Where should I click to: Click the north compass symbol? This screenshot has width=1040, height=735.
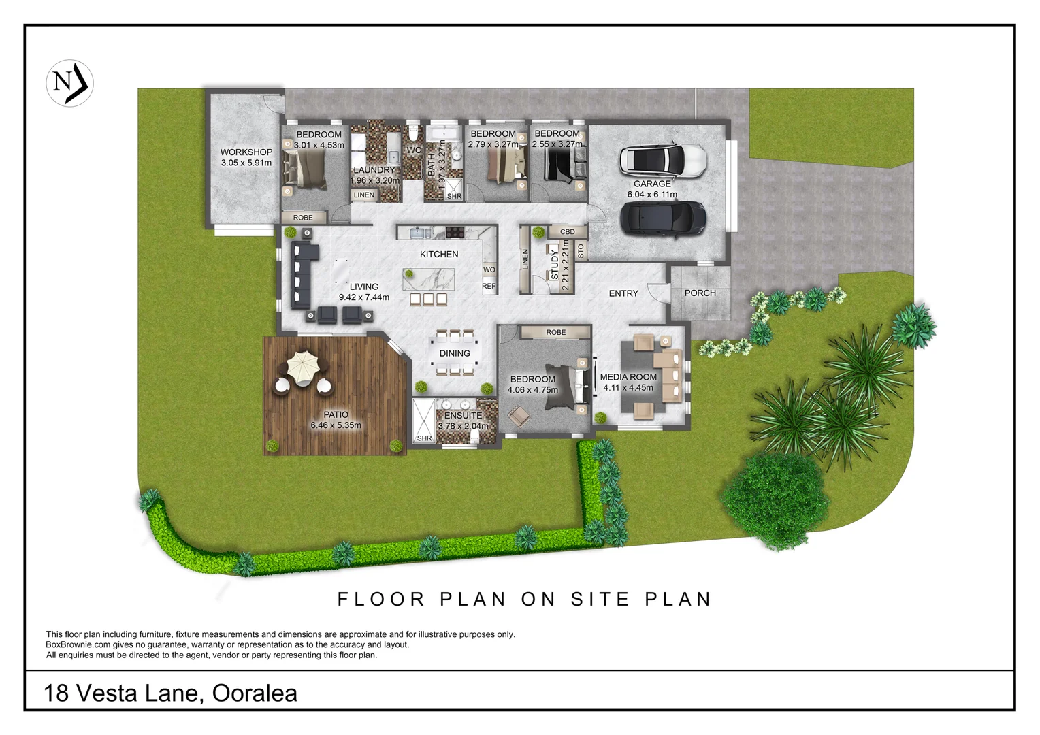pyautogui.click(x=69, y=83)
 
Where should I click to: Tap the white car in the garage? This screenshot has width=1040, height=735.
pyautogui.click(x=662, y=160)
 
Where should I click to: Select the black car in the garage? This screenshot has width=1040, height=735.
pyautogui.click(x=662, y=218)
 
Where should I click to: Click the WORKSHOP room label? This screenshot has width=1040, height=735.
pyautogui.click(x=246, y=152)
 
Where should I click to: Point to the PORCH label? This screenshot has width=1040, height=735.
pyautogui.click(x=700, y=293)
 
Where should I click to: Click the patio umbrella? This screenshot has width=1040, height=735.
pyautogui.click(x=302, y=365)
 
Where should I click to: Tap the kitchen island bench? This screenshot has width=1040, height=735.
pyautogui.click(x=428, y=279)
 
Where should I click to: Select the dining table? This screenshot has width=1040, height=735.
pyautogui.click(x=455, y=353)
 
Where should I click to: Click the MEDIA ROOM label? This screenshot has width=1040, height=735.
pyautogui.click(x=628, y=377)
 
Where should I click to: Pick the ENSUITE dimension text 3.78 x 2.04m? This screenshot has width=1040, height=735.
pyautogui.click(x=463, y=427)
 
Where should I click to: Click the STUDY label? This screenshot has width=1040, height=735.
pyautogui.click(x=554, y=265)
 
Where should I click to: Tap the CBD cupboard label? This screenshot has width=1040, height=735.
pyautogui.click(x=567, y=232)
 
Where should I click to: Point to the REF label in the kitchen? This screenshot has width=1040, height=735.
pyautogui.click(x=489, y=287)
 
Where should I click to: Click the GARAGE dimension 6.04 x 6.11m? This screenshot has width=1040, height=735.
pyautogui.click(x=652, y=195)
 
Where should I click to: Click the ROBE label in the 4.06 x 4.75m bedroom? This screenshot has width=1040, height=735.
pyautogui.click(x=555, y=333)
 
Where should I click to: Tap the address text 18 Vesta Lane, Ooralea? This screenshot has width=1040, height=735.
pyautogui.click(x=170, y=693)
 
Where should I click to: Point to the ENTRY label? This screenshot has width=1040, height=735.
pyautogui.click(x=623, y=294)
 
